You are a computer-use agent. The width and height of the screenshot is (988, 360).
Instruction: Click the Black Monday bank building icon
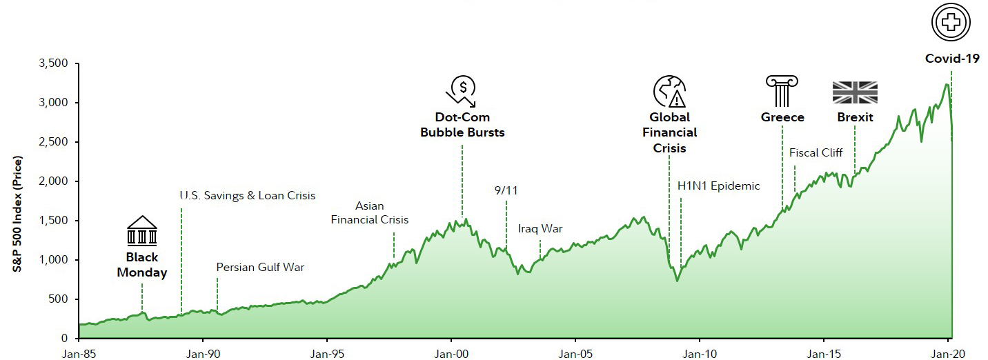pos(141,231)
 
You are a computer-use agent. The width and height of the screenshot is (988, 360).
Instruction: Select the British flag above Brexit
pos(855,92)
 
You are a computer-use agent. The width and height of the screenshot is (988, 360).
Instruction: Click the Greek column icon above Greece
pos(782,91)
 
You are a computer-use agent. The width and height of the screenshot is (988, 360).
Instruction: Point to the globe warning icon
pos(669,91)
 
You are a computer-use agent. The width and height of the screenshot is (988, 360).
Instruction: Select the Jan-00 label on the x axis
pos(451,352)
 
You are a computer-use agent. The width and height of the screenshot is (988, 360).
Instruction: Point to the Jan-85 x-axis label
pos(79,352)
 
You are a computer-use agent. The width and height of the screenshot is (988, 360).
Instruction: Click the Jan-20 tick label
pos(947,352)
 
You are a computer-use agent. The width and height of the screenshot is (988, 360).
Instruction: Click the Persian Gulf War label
pos(260,267)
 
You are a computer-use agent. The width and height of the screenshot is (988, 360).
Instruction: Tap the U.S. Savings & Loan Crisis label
pos(247,195)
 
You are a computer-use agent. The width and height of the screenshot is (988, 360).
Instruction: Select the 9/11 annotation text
pos(506,190)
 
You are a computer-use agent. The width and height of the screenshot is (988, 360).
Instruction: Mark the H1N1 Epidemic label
pos(718,186)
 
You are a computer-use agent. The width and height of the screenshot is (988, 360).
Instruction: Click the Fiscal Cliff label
pos(816,152)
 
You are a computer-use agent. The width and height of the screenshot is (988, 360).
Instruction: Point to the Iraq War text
pos(540,228)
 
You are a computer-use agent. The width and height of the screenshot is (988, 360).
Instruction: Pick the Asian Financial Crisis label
pos(370,212)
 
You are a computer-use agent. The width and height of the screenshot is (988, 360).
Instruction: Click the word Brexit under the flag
pos(855,117)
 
